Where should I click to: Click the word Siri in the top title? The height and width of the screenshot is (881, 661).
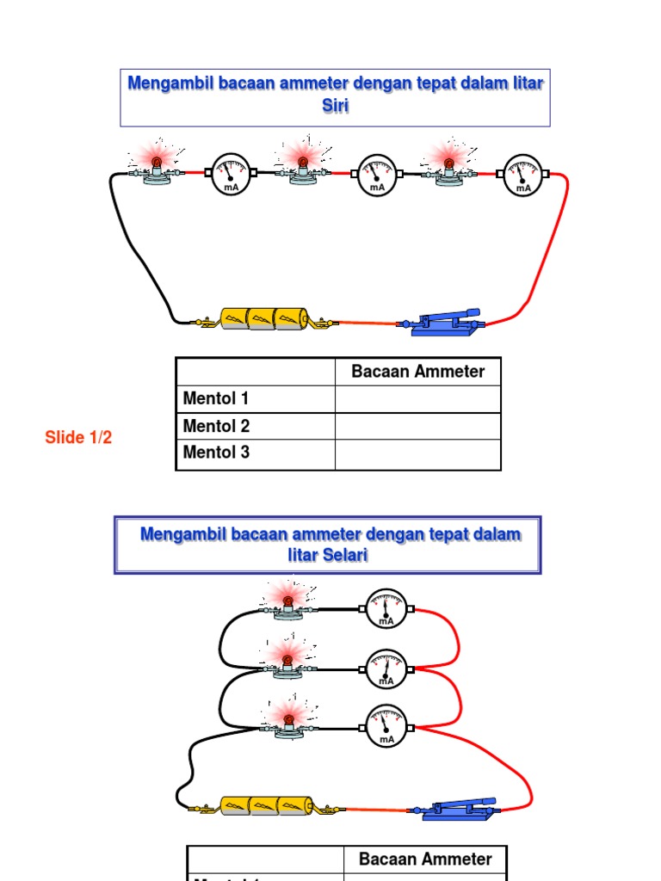click(x=334, y=106)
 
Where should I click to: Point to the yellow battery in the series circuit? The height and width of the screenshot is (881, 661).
click(x=263, y=319)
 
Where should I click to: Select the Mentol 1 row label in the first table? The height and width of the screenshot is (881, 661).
click(x=216, y=398)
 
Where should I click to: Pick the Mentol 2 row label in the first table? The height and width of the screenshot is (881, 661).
click(x=216, y=426)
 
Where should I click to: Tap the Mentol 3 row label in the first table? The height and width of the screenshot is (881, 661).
click(x=216, y=453)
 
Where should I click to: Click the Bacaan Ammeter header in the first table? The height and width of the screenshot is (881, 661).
click(x=417, y=372)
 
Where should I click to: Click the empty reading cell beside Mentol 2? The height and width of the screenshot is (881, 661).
click(x=417, y=426)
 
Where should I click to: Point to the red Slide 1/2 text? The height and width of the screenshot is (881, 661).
click(x=78, y=438)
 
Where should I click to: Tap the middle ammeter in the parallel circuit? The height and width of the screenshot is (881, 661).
click(x=386, y=668)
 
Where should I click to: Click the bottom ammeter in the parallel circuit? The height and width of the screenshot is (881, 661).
click(x=386, y=724)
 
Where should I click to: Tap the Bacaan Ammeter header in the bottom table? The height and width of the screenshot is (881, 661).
click(x=425, y=859)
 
